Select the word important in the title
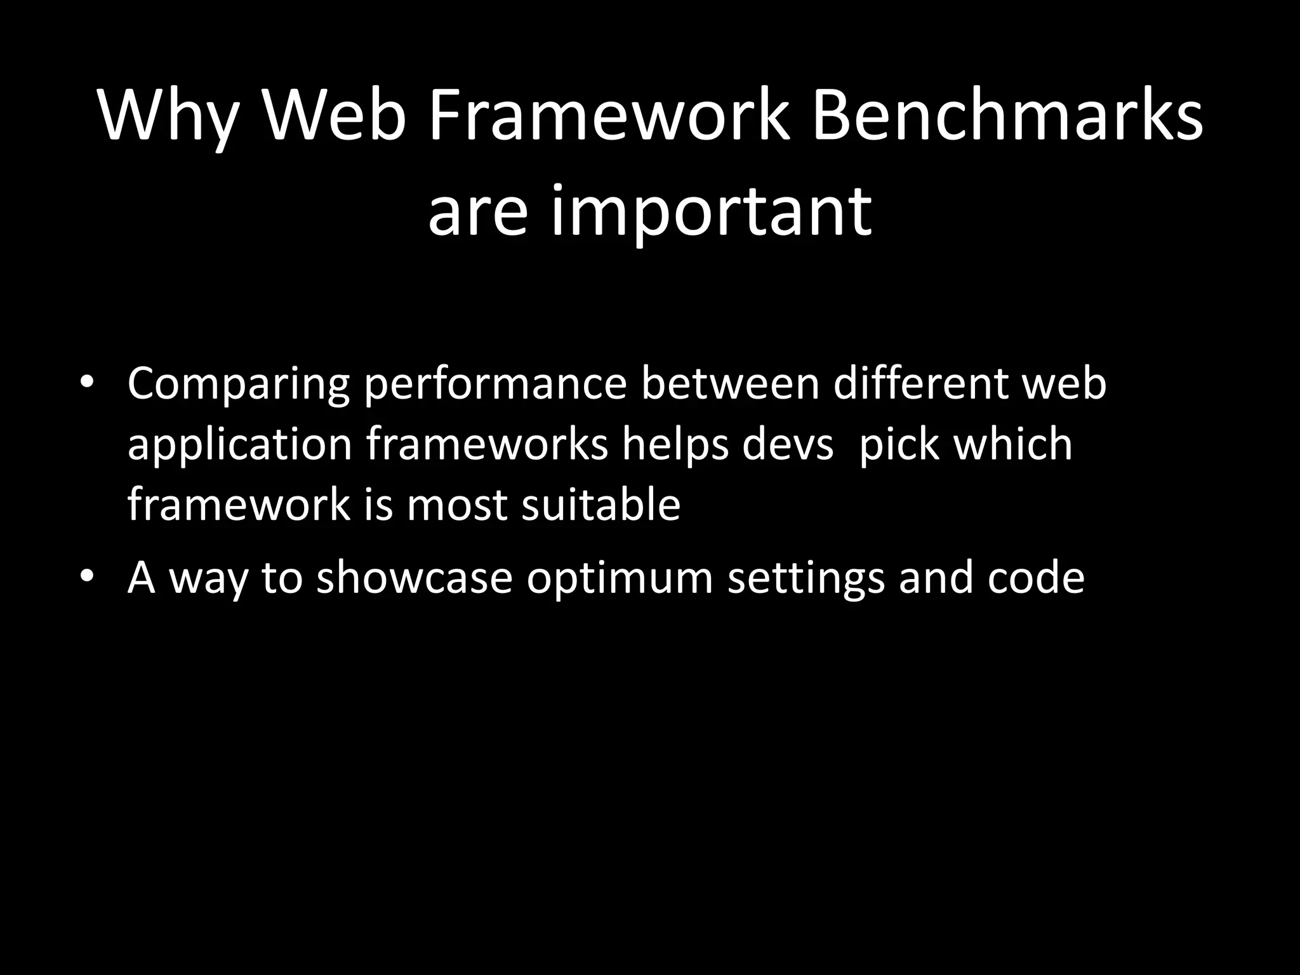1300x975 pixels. pyautogui.click(x=710, y=209)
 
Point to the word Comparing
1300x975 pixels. pyautogui.click(x=238, y=384)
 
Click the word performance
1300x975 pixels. pyautogui.click(x=495, y=384)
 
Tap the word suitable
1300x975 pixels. pyautogui.click(x=600, y=504)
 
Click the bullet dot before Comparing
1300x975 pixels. pyautogui.click(x=87, y=384)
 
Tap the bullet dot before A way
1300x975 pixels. pyautogui.click(x=87, y=578)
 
